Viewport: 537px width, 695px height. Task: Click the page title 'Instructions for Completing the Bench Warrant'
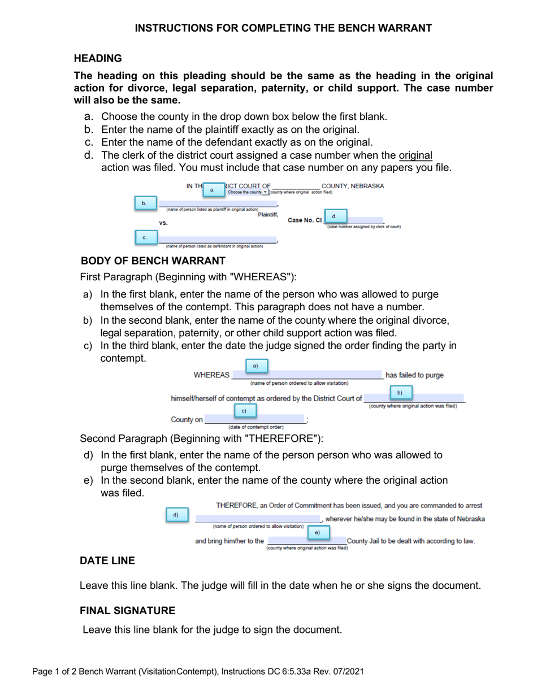tap(283, 28)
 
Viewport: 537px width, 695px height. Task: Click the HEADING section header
tap(98, 58)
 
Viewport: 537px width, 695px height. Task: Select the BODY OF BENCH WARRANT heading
tap(153, 260)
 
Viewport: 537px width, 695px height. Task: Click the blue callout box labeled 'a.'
tap(213, 190)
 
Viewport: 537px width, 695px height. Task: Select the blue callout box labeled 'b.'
tap(145, 203)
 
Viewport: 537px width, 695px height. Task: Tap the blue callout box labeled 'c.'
tap(145, 237)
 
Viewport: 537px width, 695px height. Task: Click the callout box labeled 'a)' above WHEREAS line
tap(255, 366)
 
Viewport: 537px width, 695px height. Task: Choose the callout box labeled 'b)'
tap(400, 392)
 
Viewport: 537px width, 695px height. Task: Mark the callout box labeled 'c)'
tap(244, 410)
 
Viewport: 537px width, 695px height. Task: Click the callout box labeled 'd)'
tap(176, 515)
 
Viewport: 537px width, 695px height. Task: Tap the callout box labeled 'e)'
tap(317, 532)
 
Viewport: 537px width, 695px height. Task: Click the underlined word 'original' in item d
tap(415, 155)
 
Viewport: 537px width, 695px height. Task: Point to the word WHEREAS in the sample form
tap(211, 375)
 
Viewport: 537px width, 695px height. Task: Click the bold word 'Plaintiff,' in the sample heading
tap(268, 215)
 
